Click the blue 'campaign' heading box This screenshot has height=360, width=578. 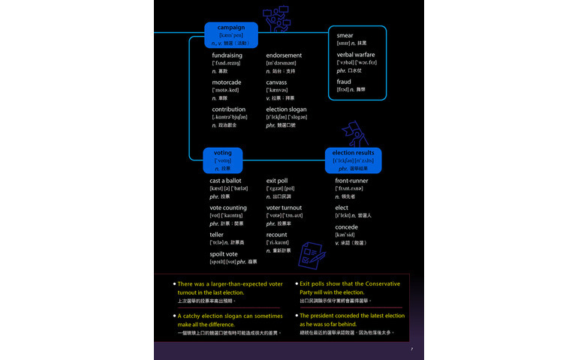coord(231,34)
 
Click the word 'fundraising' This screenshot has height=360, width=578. coord(227,55)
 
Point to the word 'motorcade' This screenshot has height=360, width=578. coord(227,82)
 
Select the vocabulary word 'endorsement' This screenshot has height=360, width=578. coord(284,55)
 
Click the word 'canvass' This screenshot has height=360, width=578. coord(276,82)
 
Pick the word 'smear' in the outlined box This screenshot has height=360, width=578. coord(345,35)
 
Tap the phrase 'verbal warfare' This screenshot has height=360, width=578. coord(356,55)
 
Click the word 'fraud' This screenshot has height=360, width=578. coord(344,82)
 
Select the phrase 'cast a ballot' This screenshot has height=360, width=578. coord(225,181)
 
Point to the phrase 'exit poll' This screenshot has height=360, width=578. coord(277,181)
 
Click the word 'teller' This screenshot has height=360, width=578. coord(217,235)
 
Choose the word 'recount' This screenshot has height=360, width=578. coord(277,235)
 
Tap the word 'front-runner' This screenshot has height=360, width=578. coord(351,181)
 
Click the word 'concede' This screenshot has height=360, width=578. coord(346,227)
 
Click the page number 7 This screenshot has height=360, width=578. coord(411,349)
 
